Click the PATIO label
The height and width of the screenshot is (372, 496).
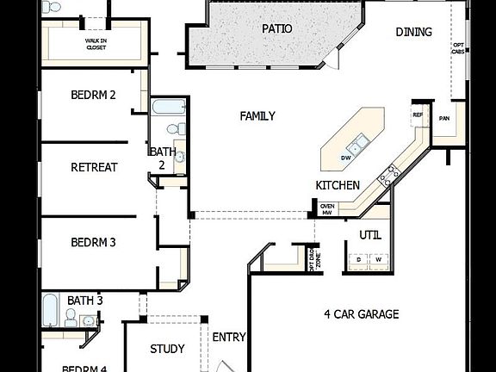(276, 28)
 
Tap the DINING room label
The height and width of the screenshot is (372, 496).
(414, 32)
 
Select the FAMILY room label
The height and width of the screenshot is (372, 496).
(257, 116)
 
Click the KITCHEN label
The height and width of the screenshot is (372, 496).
(337, 185)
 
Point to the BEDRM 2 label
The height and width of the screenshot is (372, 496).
(93, 95)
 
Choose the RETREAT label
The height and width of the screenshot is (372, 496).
(94, 167)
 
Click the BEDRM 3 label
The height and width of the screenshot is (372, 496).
(93, 243)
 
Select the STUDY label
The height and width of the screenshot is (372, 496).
(167, 349)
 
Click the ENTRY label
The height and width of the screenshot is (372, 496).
(229, 337)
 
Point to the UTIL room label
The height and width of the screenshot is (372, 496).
(370, 235)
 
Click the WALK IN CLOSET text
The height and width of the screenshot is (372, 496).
(95, 44)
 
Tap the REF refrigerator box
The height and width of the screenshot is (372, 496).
(418, 115)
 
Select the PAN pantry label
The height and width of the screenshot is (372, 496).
(444, 119)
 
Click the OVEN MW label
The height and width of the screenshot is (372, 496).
(327, 209)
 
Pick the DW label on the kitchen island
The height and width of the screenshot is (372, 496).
(345, 158)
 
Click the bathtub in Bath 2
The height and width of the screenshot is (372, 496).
(168, 108)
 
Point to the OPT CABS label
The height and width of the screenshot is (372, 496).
(458, 48)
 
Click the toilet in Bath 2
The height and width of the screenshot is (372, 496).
(175, 129)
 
